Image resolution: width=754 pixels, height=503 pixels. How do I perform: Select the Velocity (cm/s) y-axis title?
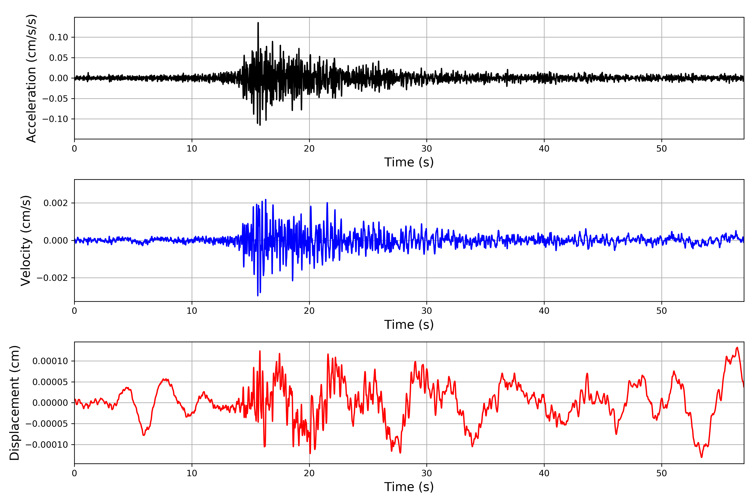point(26,241)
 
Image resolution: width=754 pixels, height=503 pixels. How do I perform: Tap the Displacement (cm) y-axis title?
point(14,403)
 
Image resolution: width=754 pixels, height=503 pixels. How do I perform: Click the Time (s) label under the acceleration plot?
point(409,162)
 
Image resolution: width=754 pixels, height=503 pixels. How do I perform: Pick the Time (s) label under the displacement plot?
point(409,487)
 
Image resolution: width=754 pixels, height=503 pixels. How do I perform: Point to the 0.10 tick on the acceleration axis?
point(58,37)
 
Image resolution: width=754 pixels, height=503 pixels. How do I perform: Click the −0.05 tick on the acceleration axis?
point(55,99)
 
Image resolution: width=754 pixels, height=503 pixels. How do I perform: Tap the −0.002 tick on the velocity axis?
point(52,278)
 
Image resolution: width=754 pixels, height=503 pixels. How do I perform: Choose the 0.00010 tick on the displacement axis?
point(50,361)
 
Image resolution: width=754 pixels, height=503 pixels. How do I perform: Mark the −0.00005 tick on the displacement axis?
point(47,424)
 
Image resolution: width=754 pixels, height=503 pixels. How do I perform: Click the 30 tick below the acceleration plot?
point(426,149)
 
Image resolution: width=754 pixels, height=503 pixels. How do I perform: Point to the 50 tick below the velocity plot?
point(661,311)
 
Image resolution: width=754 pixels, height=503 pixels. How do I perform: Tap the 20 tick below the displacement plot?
point(309,473)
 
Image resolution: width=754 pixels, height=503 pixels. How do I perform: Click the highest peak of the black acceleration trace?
point(258,23)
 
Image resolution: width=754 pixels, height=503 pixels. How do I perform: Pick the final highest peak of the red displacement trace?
point(737,347)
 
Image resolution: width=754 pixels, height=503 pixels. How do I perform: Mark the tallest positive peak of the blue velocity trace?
point(266,200)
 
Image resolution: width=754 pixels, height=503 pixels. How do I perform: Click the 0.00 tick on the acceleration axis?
point(58,78)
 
